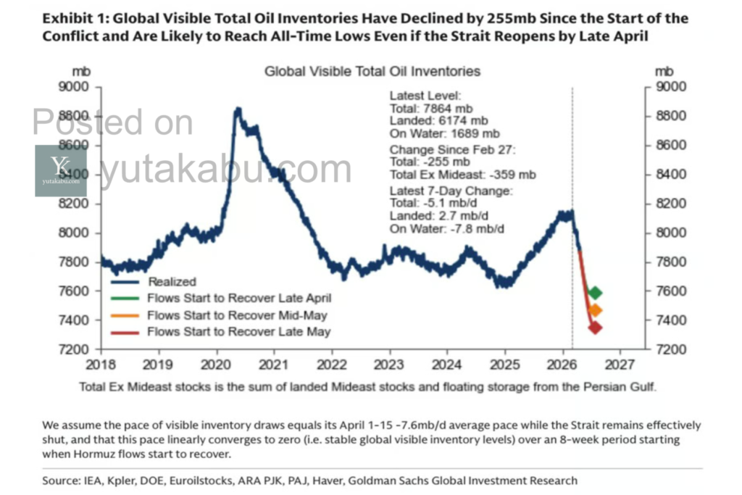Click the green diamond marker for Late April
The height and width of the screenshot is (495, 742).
click(595, 293)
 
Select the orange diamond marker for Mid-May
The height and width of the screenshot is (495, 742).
click(595, 311)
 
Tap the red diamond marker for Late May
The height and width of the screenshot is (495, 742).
click(595, 328)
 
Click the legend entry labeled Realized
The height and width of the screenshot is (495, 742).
click(172, 281)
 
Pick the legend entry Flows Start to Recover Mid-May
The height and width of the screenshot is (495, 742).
click(237, 315)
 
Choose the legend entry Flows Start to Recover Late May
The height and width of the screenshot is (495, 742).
click(238, 332)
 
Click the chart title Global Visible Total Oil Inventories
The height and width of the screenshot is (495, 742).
click(372, 71)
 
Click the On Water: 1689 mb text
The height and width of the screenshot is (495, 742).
click(444, 133)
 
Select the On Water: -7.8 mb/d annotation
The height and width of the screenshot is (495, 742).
click(447, 229)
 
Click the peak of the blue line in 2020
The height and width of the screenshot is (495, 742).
click(237, 109)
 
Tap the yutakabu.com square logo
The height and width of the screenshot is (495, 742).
click(61, 170)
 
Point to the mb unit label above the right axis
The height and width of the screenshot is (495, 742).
click(664, 71)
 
